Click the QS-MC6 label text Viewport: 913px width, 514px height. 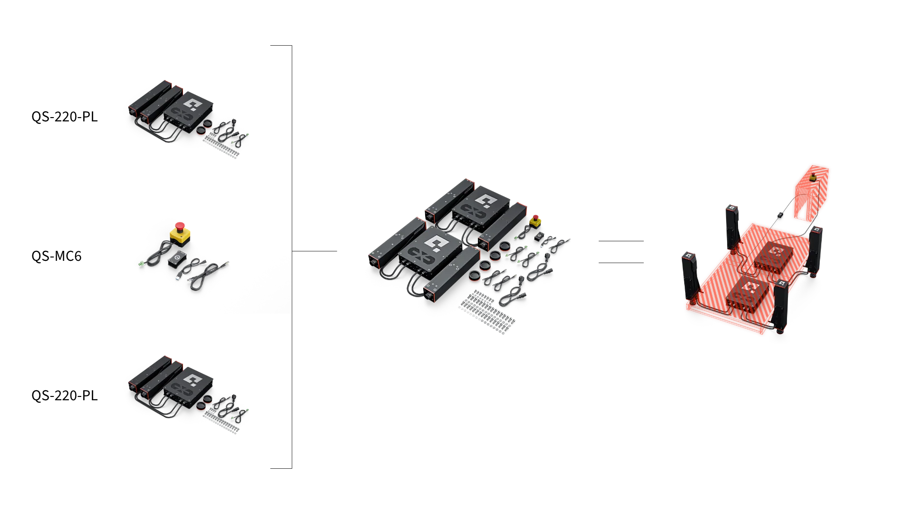(57, 256)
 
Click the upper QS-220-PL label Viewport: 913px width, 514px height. (65, 117)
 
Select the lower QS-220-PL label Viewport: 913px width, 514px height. (65, 395)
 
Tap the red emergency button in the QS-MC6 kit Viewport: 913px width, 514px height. (179, 226)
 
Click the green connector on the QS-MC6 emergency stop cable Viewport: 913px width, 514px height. (141, 263)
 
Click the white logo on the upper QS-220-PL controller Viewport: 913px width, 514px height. (193, 104)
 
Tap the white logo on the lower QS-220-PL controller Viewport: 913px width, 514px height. (193, 380)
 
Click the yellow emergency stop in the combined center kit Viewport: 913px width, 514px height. (535, 221)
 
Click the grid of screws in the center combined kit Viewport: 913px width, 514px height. (486, 312)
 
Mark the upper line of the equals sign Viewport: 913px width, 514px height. (621, 241)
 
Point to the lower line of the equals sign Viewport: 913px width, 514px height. (621, 263)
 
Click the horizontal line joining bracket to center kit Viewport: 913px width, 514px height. (314, 251)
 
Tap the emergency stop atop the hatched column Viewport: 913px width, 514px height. (813, 177)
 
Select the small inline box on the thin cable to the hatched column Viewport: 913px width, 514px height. (780, 215)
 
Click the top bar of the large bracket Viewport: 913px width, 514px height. (281, 46)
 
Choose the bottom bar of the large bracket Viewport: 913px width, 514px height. (281, 468)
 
